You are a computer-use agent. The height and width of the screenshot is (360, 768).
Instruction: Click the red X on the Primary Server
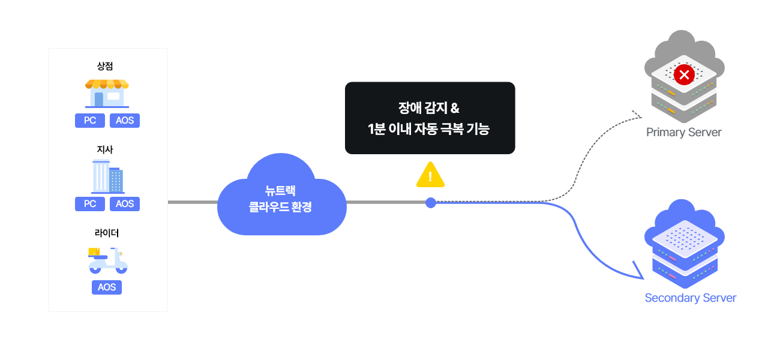(x=684, y=74)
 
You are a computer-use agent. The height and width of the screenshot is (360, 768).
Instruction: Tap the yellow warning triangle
(x=430, y=175)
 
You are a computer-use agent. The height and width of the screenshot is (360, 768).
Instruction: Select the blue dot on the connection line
(x=431, y=203)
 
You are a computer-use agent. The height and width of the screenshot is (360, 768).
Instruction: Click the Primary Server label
(x=683, y=133)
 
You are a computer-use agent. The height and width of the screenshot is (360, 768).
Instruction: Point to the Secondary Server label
(x=690, y=298)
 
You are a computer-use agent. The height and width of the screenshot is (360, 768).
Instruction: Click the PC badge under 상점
(x=90, y=121)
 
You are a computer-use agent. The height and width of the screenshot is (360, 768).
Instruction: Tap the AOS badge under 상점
(x=124, y=121)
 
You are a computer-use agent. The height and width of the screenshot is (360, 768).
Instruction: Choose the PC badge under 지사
(x=90, y=203)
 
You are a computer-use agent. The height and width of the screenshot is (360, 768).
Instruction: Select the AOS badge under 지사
(x=124, y=203)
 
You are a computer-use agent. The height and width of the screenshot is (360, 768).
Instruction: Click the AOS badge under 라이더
(x=107, y=287)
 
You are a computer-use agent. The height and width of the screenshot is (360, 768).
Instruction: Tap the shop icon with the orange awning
(x=107, y=94)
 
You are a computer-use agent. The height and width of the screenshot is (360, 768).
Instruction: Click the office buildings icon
(x=107, y=176)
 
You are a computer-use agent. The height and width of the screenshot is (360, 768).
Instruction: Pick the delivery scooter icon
(x=107, y=260)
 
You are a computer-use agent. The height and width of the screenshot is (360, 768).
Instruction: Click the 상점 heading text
(x=105, y=66)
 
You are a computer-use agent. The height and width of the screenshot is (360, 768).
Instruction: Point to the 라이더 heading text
(x=107, y=233)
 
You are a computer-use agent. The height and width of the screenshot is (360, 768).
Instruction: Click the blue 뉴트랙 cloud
(x=282, y=194)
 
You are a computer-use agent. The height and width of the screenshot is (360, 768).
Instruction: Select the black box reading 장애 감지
(x=430, y=118)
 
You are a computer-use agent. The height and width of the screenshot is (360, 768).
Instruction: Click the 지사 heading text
(x=105, y=149)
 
